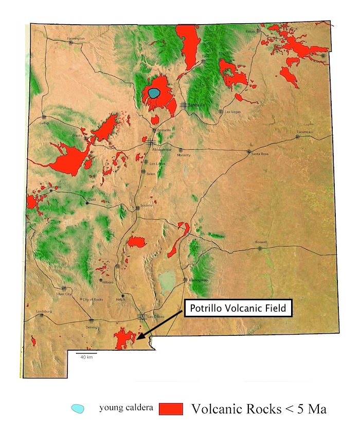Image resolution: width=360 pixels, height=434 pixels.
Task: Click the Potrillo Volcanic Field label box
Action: [238, 309]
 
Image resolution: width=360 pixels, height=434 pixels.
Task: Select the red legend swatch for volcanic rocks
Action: [171, 409]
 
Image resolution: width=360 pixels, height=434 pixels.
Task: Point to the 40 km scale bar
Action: [86, 354]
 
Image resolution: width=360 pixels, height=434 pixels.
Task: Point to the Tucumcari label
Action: [304, 132]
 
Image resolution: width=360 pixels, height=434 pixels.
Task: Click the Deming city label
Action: [92, 326]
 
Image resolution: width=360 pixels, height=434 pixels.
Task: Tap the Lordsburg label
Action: [44, 312]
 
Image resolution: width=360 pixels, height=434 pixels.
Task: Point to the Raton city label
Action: [250, 31]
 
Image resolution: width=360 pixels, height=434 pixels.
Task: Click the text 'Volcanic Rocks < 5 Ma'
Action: [259, 409]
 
